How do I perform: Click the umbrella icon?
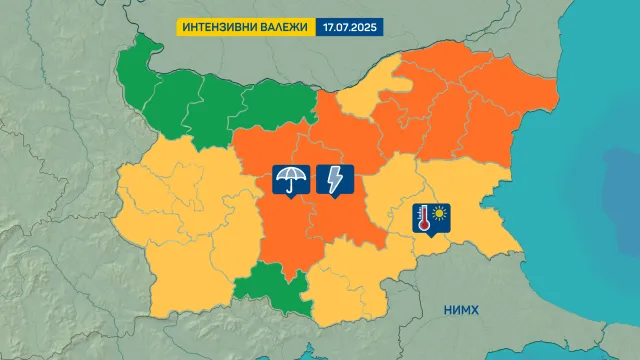point(291,180)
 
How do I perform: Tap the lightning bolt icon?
point(332,180)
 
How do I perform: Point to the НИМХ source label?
point(461,311)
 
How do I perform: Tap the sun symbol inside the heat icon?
point(440,212)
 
